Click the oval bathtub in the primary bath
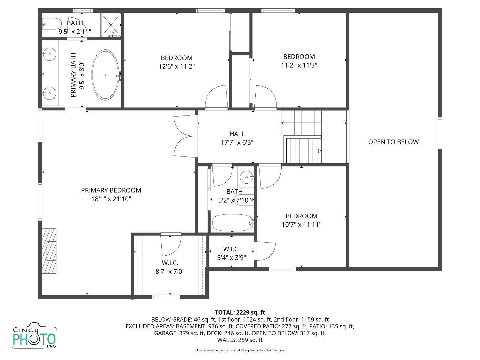(x=106, y=75)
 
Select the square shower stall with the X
(x=111, y=25)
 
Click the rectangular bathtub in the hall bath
(x=232, y=222)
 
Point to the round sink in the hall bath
(x=246, y=177)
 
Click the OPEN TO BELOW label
(x=393, y=142)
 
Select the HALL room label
(x=237, y=134)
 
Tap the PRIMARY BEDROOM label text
(x=111, y=190)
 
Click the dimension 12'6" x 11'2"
(x=177, y=66)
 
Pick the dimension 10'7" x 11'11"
(x=301, y=225)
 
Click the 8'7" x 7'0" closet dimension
(x=170, y=271)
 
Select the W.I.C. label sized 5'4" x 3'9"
(x=231, y=249)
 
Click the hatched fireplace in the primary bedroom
(x=49, y=251)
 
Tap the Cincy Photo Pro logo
(x=34, y=336)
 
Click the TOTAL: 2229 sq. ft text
(x=240, y=312)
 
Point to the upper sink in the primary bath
(x=49, y=54)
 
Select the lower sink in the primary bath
(x=49, y=93)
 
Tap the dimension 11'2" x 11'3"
(x=299, y=65)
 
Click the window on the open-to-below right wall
(x=440, y=133)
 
